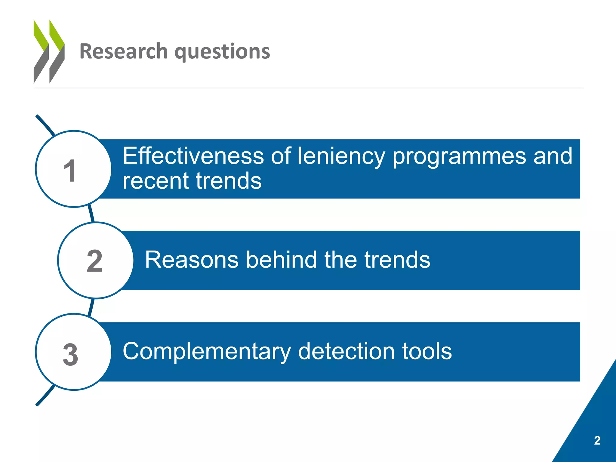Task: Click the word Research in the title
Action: (x=123, y=51)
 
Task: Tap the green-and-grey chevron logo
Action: (x=49, y=51)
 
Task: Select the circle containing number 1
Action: (x=73, y=169)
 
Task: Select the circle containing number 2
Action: (x=95, y=260)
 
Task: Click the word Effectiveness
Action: (x=193, y=156)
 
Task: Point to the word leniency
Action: (x=341, y=156)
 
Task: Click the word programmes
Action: (x=459, y=157)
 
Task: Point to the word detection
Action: (x=346, y=351)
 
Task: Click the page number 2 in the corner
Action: (x=597, y=440)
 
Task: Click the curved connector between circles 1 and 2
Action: (x=91, y=214)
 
